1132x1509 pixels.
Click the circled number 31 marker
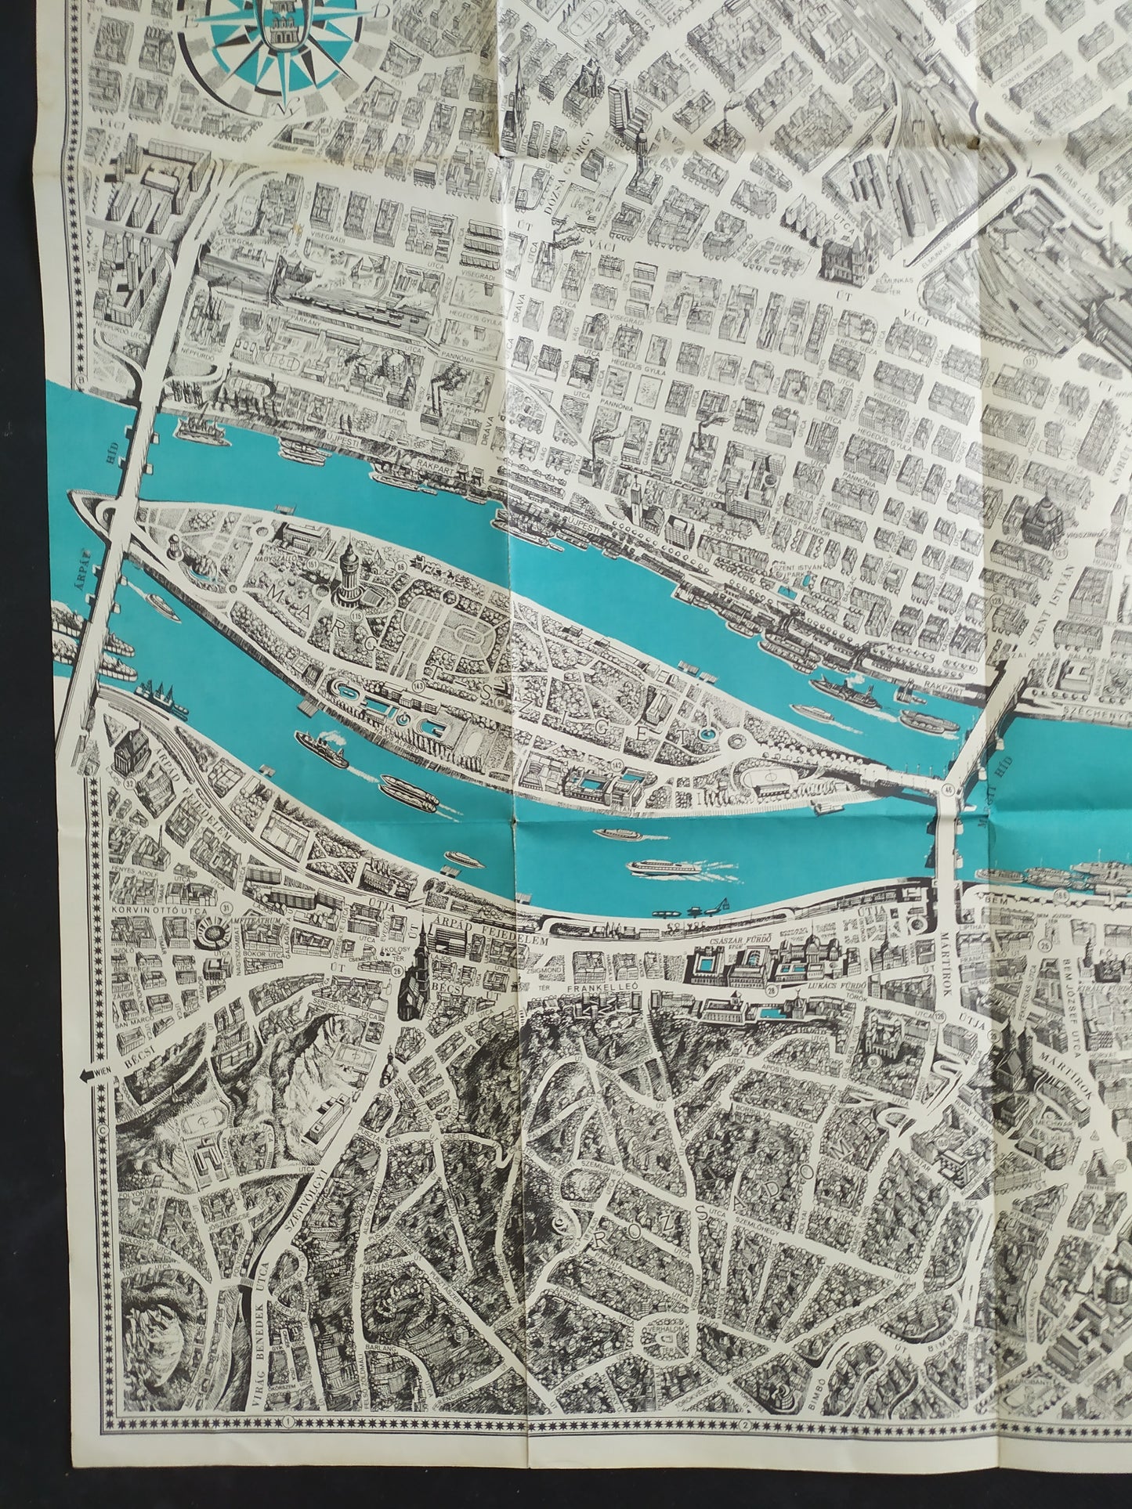coord(227,907)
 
